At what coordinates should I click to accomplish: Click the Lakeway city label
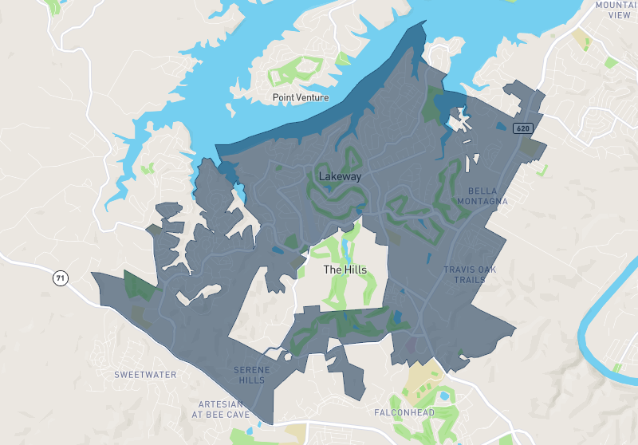pos(340,176)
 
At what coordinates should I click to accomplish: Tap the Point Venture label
pos(300,98)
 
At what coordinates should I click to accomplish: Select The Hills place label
pos(345,270)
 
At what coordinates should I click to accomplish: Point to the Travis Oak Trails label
pos(470,274)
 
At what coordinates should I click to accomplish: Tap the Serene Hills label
pos(251,375)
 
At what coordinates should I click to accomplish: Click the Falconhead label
pos(404,412)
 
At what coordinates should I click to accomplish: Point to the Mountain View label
pos(617,10)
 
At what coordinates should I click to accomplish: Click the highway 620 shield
pos(522,128)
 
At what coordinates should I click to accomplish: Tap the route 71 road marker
pos(60,278)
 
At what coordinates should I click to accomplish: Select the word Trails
pos(470,280)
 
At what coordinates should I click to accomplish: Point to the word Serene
pos(251,370)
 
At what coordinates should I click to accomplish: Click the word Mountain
pos(617,5)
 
